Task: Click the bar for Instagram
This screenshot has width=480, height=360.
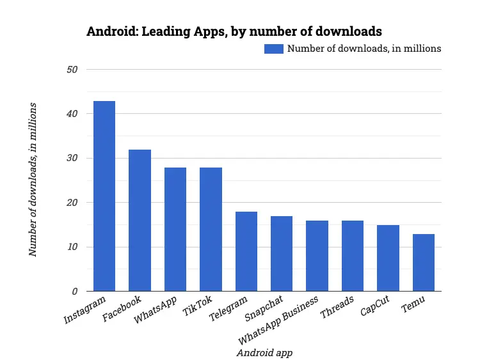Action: [x=104, y=196]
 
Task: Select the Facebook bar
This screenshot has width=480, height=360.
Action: [x=140, y=221]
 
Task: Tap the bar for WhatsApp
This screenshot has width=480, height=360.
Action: [x=175, y=230]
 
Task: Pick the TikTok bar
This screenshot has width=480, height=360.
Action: [x=211, y=230]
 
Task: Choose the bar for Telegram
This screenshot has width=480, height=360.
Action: [x=246, y=251]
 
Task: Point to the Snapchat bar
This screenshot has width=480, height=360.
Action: [x=282, y=254]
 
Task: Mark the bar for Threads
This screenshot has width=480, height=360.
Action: [x=353, y=256]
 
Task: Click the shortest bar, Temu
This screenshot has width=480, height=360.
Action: [x=423, y=263]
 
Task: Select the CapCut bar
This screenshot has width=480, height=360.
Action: [x=388, y=258]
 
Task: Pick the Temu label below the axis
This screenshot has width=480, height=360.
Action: [x=413, y=304]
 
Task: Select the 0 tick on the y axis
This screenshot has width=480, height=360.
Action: [x=74, y=292]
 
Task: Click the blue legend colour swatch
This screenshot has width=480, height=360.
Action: [x=274, y=49]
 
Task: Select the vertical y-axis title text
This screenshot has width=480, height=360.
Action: [x=33, y=179]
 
